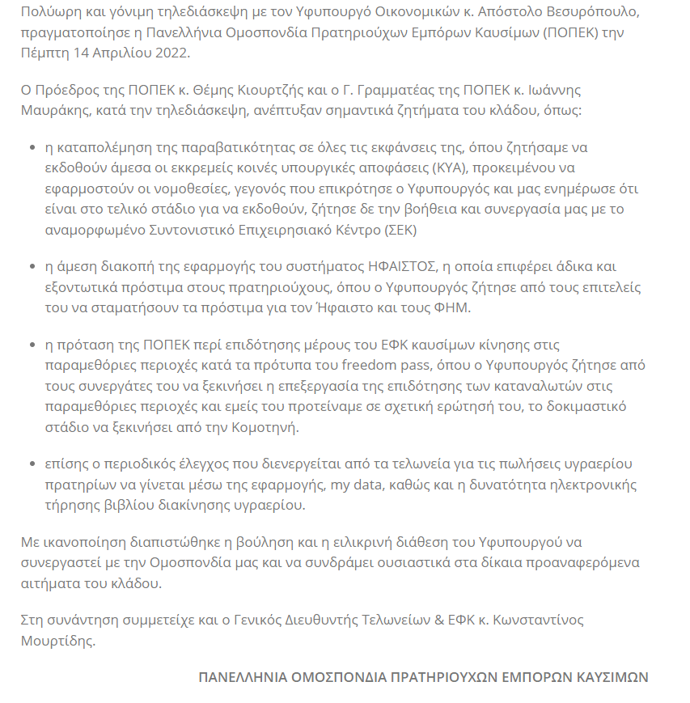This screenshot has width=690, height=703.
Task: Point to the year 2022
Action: [176, 53]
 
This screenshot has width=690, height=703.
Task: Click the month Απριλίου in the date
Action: [123, 53]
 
